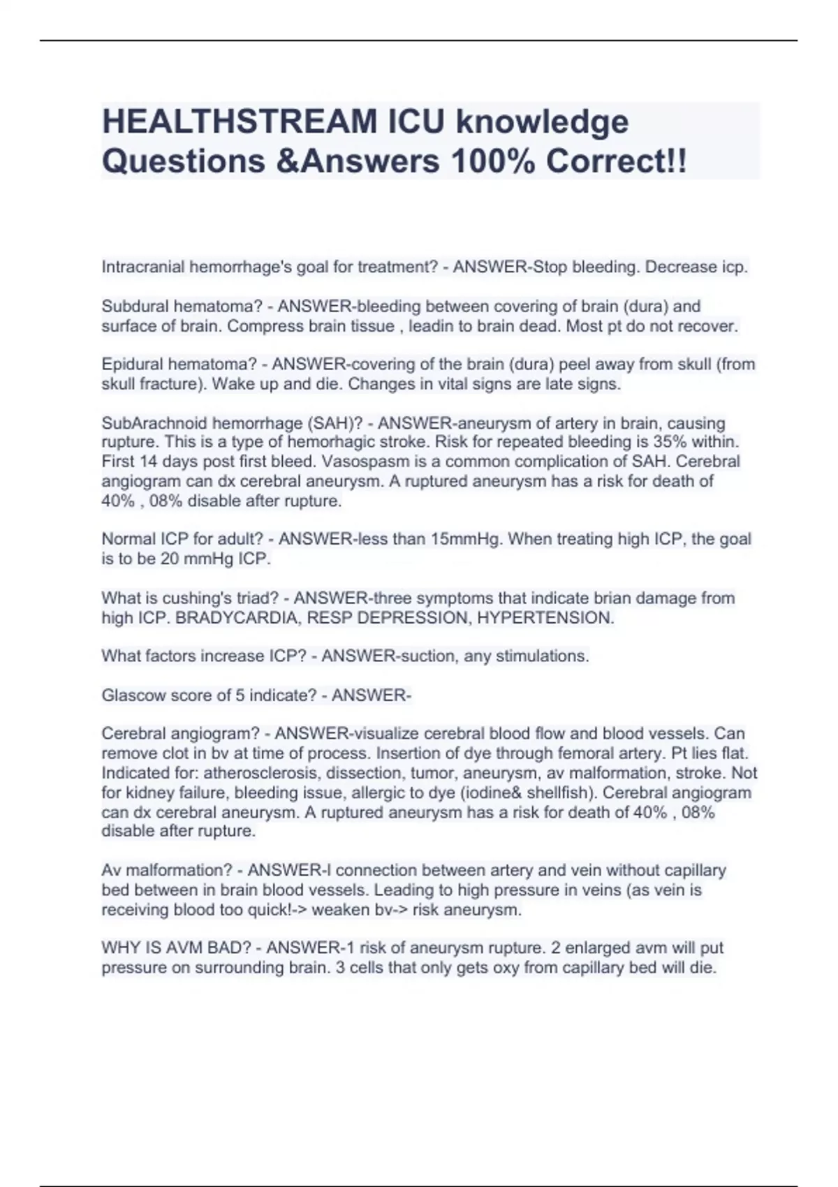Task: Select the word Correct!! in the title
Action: [x=616, y=161]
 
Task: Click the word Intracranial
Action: [x=143, y=267]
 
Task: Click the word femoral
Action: [x=595, y=753]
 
